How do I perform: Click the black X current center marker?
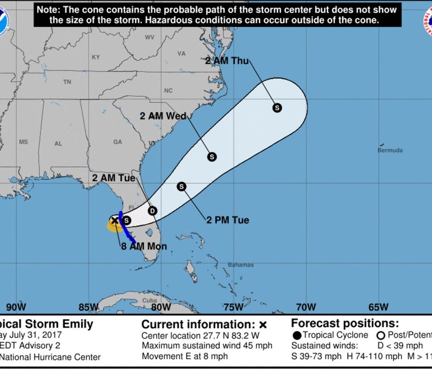pyautogui.click(x=115, y=220)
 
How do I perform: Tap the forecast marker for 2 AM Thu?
pyautogui.click(x=277, y=108)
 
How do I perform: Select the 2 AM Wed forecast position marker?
pyautogui.click(x=212, y=157)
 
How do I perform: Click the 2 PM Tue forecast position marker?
pyautogui.click(x=181, y=186)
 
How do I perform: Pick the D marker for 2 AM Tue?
pyautogui.click(x=153, y=211)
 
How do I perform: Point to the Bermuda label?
pyautogui.click(x=390, y=150)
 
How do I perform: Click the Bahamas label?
pyautogui.click(x=241, y=265)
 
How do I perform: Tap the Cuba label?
pyautogui.click(x=150, y=300)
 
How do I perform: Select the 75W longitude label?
pyautogui.click(x=233, y=307)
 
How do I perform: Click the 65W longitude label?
pyautogui.click(x=378, y=307)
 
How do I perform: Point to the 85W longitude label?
pyautogui.click(x=88, y=307)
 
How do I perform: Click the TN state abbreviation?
pyautogui.click(x=67, y=82)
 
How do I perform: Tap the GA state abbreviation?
pyautogui.click(x=118, y=142)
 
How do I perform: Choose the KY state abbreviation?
pyautogui.click(x=96, y=57)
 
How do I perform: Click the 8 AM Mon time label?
pyautogui.click(x=144, y=246)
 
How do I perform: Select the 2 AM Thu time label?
pyautogui.click(x=227, y=61)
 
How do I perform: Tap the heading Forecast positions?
pyautogui.click(x=345, y=323)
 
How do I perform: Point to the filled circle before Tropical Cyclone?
pyautogui.click(x=297, y=335)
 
